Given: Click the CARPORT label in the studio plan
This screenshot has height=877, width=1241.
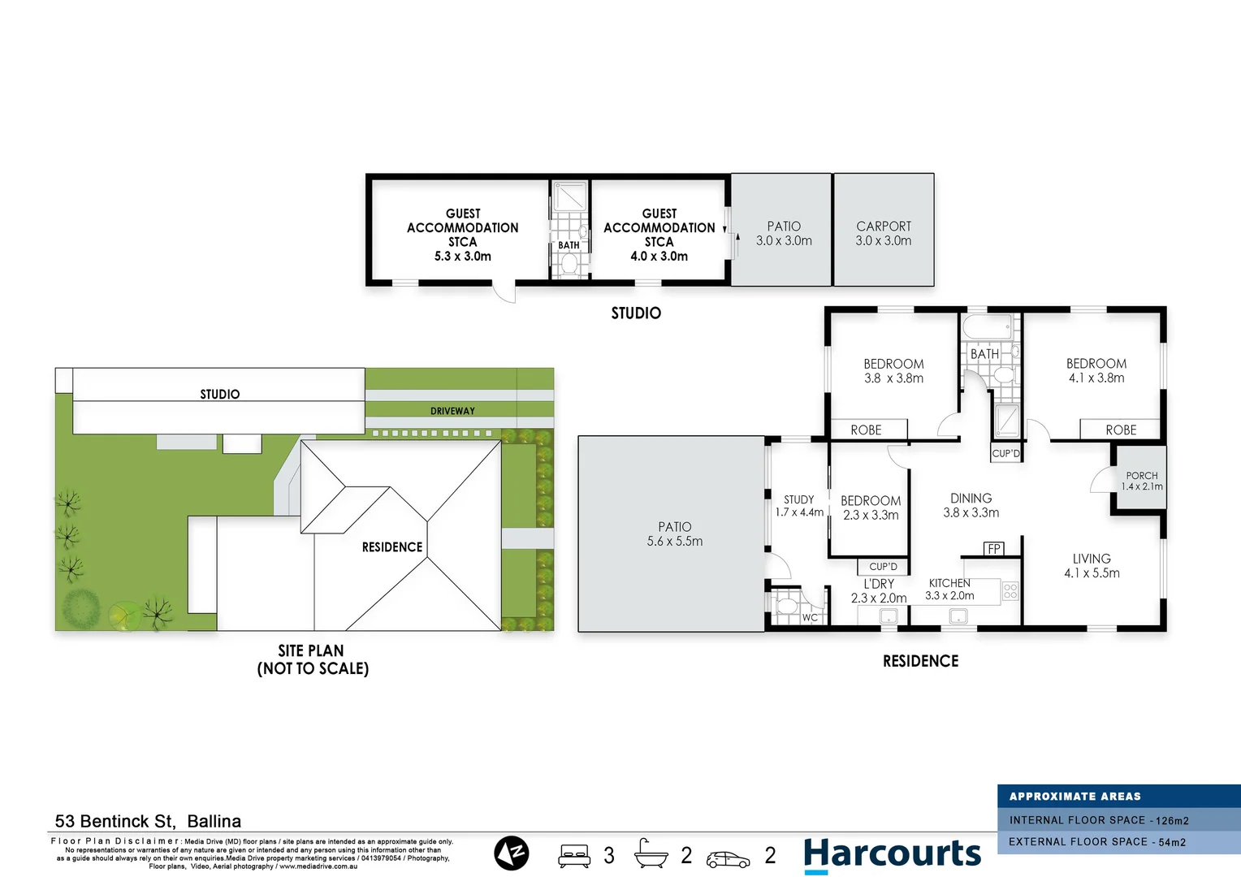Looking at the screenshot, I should pos(884,227).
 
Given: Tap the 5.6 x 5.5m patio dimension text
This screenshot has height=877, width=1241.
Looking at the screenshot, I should pos(675,542).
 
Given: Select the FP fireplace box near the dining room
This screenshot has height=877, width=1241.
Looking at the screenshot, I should pos(994,549).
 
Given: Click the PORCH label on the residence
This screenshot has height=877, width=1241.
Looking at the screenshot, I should pos(1142,476).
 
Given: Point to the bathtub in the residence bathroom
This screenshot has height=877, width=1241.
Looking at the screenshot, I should pos(987,327).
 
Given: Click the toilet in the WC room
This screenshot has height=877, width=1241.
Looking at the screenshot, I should pos(786,607).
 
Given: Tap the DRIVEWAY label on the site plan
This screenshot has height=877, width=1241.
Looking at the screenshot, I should pos(452,411).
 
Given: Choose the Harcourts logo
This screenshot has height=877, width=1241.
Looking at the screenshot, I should pos(892,854).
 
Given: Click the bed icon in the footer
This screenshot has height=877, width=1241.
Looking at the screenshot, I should pos(574,856).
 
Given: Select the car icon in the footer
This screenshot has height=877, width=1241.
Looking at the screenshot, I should pos(728,858).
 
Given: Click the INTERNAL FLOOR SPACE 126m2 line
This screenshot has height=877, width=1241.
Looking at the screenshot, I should pos(1099,820).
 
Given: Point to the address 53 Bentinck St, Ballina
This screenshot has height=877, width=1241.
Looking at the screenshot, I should pos(148,821).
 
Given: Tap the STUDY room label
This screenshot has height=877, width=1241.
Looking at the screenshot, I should pos(798,500).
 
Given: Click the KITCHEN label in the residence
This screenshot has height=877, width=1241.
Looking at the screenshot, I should pos(949,583).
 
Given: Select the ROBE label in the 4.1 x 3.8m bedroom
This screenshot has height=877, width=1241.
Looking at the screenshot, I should pos(1121,430).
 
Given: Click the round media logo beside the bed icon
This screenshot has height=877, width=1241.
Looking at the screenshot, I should pos(512,853).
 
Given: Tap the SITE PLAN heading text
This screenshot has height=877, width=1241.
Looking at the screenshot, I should pos(311,650).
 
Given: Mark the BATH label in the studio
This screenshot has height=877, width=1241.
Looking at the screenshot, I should pos(569,245).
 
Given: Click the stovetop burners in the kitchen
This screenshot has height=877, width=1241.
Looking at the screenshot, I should pos(1010,590).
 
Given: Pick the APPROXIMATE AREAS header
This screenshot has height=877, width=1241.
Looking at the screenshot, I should pos(1075,797).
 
